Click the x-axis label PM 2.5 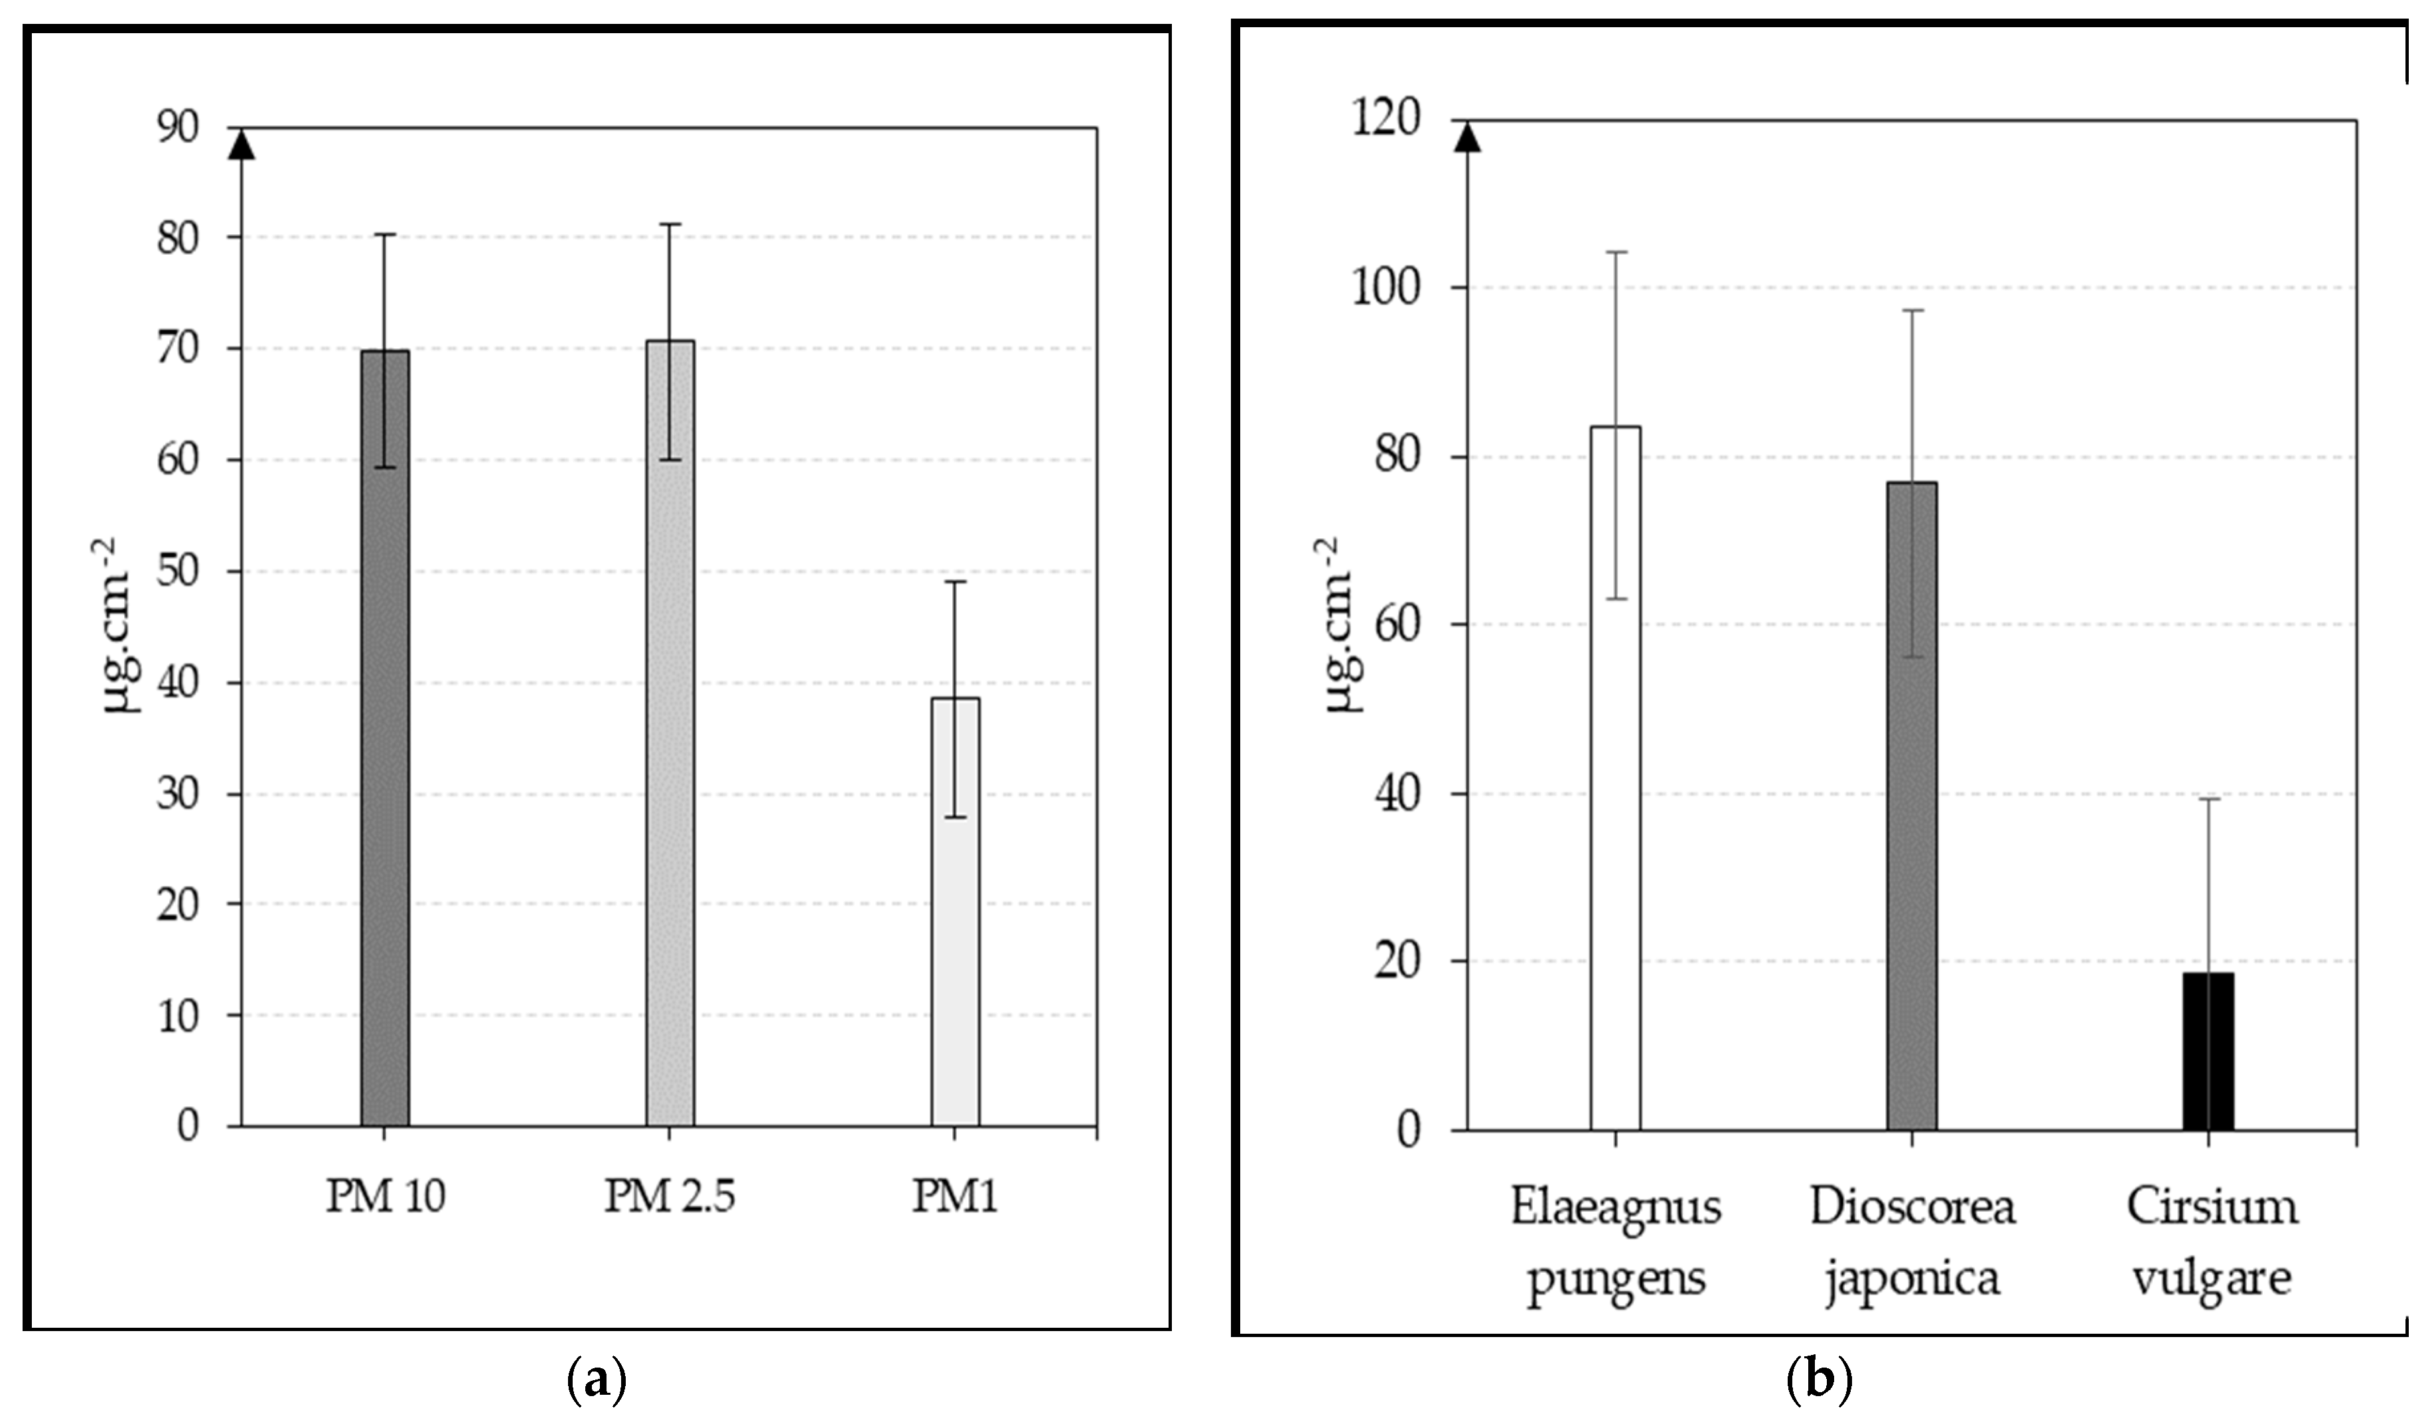pyautogui.click(x=670, y=1198)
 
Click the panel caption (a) pyautogui.click(x=595, y=1382)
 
